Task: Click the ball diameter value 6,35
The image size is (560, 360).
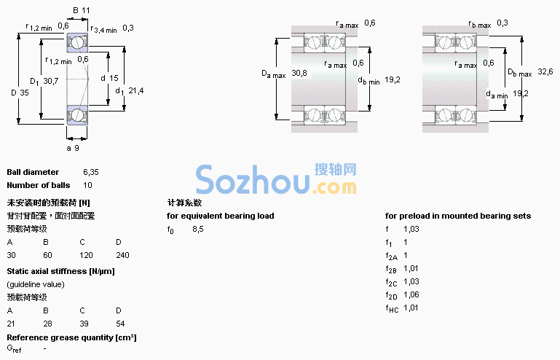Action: click(x=91, y=172)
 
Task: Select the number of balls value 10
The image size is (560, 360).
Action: click(x=87, y=185)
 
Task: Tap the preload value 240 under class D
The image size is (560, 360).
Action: click(x=122, y=255)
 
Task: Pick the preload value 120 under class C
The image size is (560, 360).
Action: click(x=86, y=255)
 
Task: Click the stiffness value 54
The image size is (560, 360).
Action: click(x=120, y=324)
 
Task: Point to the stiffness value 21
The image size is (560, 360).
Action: click(x=11, y=324)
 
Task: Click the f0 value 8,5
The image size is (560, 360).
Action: click(x=198, y=229)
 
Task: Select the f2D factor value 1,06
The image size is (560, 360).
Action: click(x=411, y=294)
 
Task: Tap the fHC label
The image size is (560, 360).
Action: click(x=392, y=308)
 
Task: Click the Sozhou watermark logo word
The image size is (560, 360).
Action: click(x=253, y=179)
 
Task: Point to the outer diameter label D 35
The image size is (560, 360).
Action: click(x=20, y=93)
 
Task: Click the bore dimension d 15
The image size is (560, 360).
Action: click(x=109, y=78)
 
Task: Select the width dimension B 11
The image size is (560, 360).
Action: click(x=81, y=10)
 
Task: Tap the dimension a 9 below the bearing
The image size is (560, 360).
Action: click(x=73, y=148)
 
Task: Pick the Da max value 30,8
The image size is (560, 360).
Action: click(x=299, y=74)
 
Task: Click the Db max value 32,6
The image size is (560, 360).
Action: click(x=545, y=71)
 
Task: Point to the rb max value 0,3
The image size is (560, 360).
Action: click(x=502, y=23)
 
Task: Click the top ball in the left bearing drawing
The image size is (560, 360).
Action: click(x=76, y=43)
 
